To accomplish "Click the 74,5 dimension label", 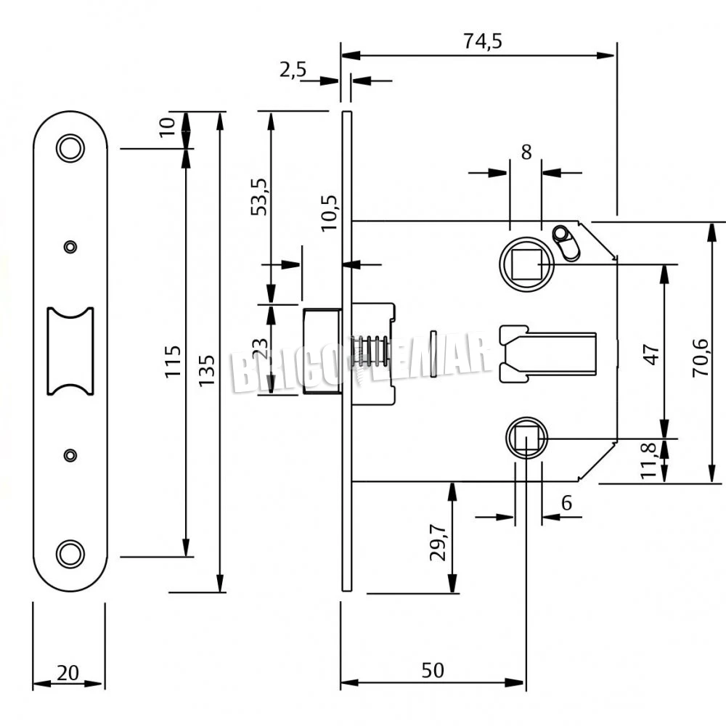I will coord(483,41).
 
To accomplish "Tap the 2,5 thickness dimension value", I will coord(293,70).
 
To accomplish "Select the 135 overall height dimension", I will coord(207,370).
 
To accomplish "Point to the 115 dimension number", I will coord(172,361).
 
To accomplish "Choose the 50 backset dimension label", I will coord(433,671).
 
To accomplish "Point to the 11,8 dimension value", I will coord(650,460).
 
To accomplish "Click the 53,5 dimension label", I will coord(258,197).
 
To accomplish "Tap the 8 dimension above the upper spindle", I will coord(526,152).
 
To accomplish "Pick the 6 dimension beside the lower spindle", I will coord(567,502).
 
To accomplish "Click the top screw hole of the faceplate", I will coord(70,147).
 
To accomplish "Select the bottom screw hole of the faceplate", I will coord(70,553).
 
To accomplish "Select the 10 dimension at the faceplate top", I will coord(168,126).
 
